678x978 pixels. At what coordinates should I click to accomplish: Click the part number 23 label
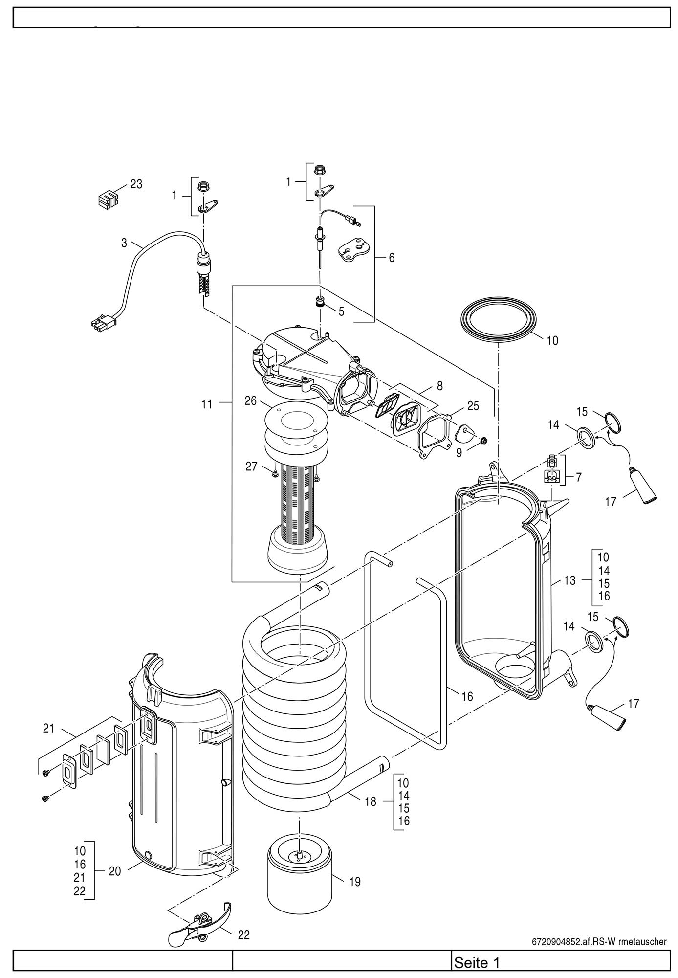tap(136, 184)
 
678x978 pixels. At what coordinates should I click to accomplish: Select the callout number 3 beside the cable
tap(124, 242)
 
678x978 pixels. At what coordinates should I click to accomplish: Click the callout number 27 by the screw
tap(251, 467)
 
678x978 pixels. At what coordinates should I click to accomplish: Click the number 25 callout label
tap(473, 405)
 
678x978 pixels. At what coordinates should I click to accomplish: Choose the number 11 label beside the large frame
tap(207, 404)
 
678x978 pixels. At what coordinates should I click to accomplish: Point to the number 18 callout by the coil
tap(371, 801)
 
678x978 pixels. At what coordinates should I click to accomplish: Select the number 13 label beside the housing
tap(570, 580)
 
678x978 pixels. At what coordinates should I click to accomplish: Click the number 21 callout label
tap(48, 728)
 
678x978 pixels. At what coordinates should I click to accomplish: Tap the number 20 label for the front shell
tap(115, 871)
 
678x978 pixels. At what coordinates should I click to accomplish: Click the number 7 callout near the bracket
tap(579, 477)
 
